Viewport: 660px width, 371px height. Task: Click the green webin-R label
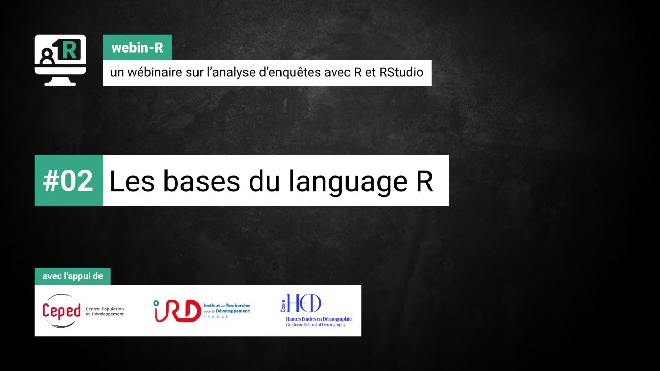tap(137, 48)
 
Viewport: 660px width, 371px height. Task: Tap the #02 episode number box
tap(69, 180)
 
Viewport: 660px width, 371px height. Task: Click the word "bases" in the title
tap(204, 181)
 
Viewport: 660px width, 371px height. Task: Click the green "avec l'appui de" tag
tap(72, 276)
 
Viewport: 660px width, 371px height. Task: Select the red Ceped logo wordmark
tap(61, 311)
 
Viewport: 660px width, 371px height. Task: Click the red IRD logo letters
tap(177, 311)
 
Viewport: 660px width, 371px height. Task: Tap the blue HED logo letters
tap(304, 303)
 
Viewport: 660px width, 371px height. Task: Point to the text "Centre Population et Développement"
tap(105, 311)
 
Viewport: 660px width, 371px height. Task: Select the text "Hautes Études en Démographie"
tap(319, 319)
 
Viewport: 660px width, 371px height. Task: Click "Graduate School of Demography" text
tap(316, 325)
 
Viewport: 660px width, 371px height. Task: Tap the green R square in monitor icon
tap(70, 50)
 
